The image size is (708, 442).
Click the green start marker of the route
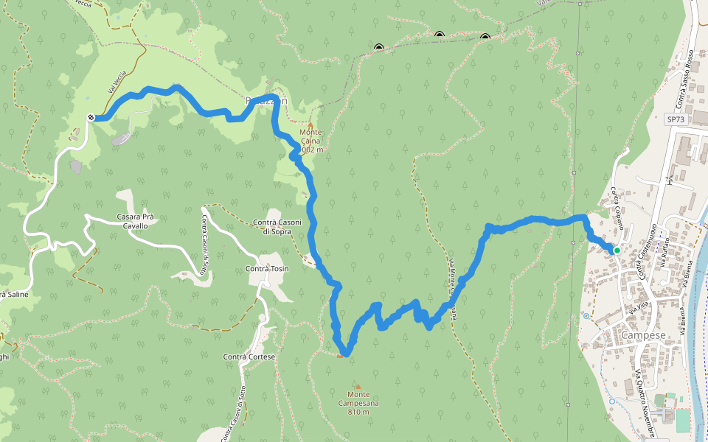(x=617, y=250)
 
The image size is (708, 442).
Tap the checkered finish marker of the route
(x=90, y=118)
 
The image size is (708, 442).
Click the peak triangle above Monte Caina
(x=310, y=124)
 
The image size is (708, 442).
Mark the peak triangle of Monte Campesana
(x=358, y=386)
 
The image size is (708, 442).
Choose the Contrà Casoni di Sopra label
(x=277, y=227)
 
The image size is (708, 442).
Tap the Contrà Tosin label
(x=266, y=269)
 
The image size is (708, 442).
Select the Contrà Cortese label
(x=249, y=357)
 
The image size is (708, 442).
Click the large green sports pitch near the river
(x=683, y=420)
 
